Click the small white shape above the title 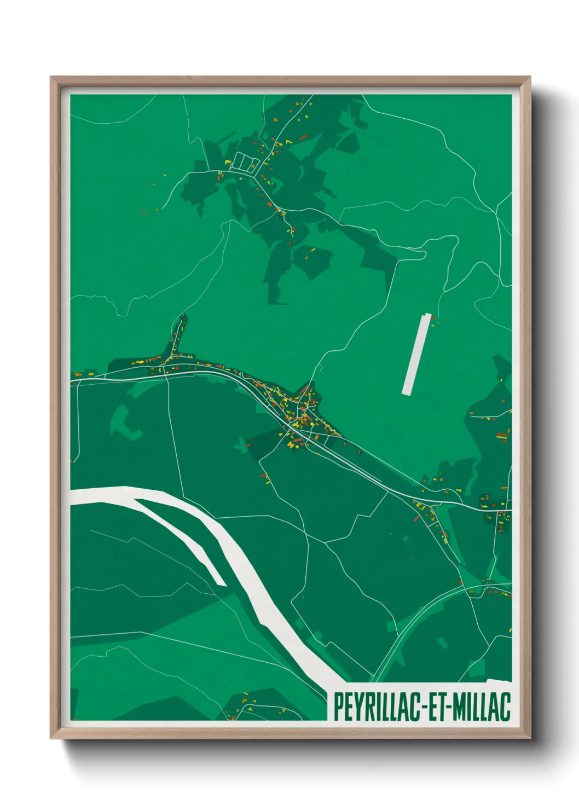pyautogui.click(x=498, y=681)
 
